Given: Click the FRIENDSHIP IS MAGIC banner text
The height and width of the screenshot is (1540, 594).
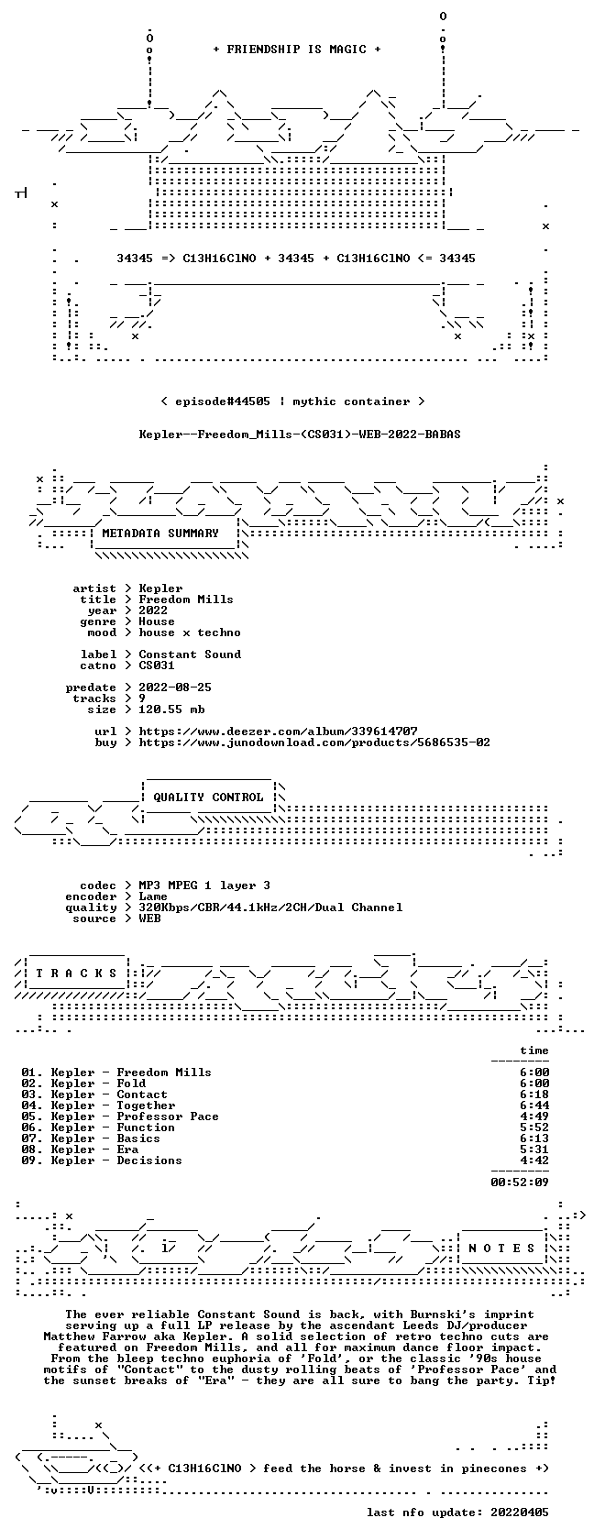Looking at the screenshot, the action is coord(296,49).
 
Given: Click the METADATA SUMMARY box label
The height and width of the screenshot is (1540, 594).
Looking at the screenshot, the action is coord(160,533).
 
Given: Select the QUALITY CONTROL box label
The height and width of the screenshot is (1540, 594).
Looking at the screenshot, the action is coord(208,797).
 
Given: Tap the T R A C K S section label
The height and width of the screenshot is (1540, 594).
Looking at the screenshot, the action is coord(76,973).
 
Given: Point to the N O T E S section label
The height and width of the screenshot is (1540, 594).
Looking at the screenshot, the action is coord(502,1248).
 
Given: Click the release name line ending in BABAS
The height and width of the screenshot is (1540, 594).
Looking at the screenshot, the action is coord(300,434).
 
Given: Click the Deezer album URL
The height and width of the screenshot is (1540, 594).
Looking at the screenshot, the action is coord(278,731).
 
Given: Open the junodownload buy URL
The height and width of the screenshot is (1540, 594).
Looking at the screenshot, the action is coord(314,742).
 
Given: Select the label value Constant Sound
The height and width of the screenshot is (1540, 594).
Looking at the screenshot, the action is coord(190,654).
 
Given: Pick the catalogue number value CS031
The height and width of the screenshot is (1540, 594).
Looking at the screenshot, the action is coord(157,665).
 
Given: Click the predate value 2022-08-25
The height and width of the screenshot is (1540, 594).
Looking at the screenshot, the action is coord(175,687).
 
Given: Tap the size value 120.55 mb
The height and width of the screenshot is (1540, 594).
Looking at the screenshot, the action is coord(172,709).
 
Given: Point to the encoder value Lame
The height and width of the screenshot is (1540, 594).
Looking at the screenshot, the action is coord(153,896).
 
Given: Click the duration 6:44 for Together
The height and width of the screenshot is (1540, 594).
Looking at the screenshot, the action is coord(534,1105).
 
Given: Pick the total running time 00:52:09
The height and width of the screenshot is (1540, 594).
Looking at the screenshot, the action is coord(520,1182).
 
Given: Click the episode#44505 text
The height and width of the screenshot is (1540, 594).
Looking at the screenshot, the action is coord(223,401).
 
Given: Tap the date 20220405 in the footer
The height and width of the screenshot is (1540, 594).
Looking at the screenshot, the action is coord(520,1512).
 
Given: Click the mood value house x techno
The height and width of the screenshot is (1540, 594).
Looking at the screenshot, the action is coord(190,632).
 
